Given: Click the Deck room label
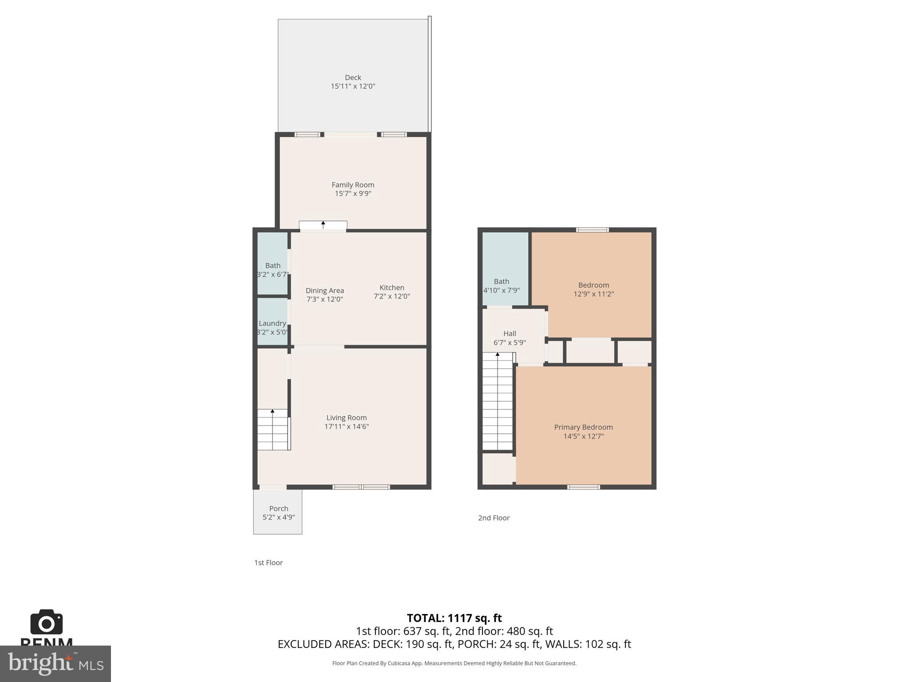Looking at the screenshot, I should click(353, 78).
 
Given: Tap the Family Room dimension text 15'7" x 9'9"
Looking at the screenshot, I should click(353, 194).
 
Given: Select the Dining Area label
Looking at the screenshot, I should click(324, 290).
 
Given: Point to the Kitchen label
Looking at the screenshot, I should click(391, 288).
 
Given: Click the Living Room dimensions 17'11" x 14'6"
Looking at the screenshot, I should click(346, 427).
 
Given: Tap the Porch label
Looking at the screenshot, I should click(278, 508).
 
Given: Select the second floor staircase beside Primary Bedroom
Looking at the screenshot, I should click(498, 402).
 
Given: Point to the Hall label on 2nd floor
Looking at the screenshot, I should click(510, 333).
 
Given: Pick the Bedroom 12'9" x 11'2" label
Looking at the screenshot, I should click(593, 285).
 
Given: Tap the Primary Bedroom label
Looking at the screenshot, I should click(583, 427).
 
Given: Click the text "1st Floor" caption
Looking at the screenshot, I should click(268, 563).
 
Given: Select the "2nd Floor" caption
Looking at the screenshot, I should click(494, 518).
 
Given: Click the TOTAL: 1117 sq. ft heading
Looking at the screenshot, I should click(454, 618).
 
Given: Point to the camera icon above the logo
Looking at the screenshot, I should click(47, 623).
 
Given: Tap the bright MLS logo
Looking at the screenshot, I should click(55, 663).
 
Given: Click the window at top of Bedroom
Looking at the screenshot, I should click(592, 230).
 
